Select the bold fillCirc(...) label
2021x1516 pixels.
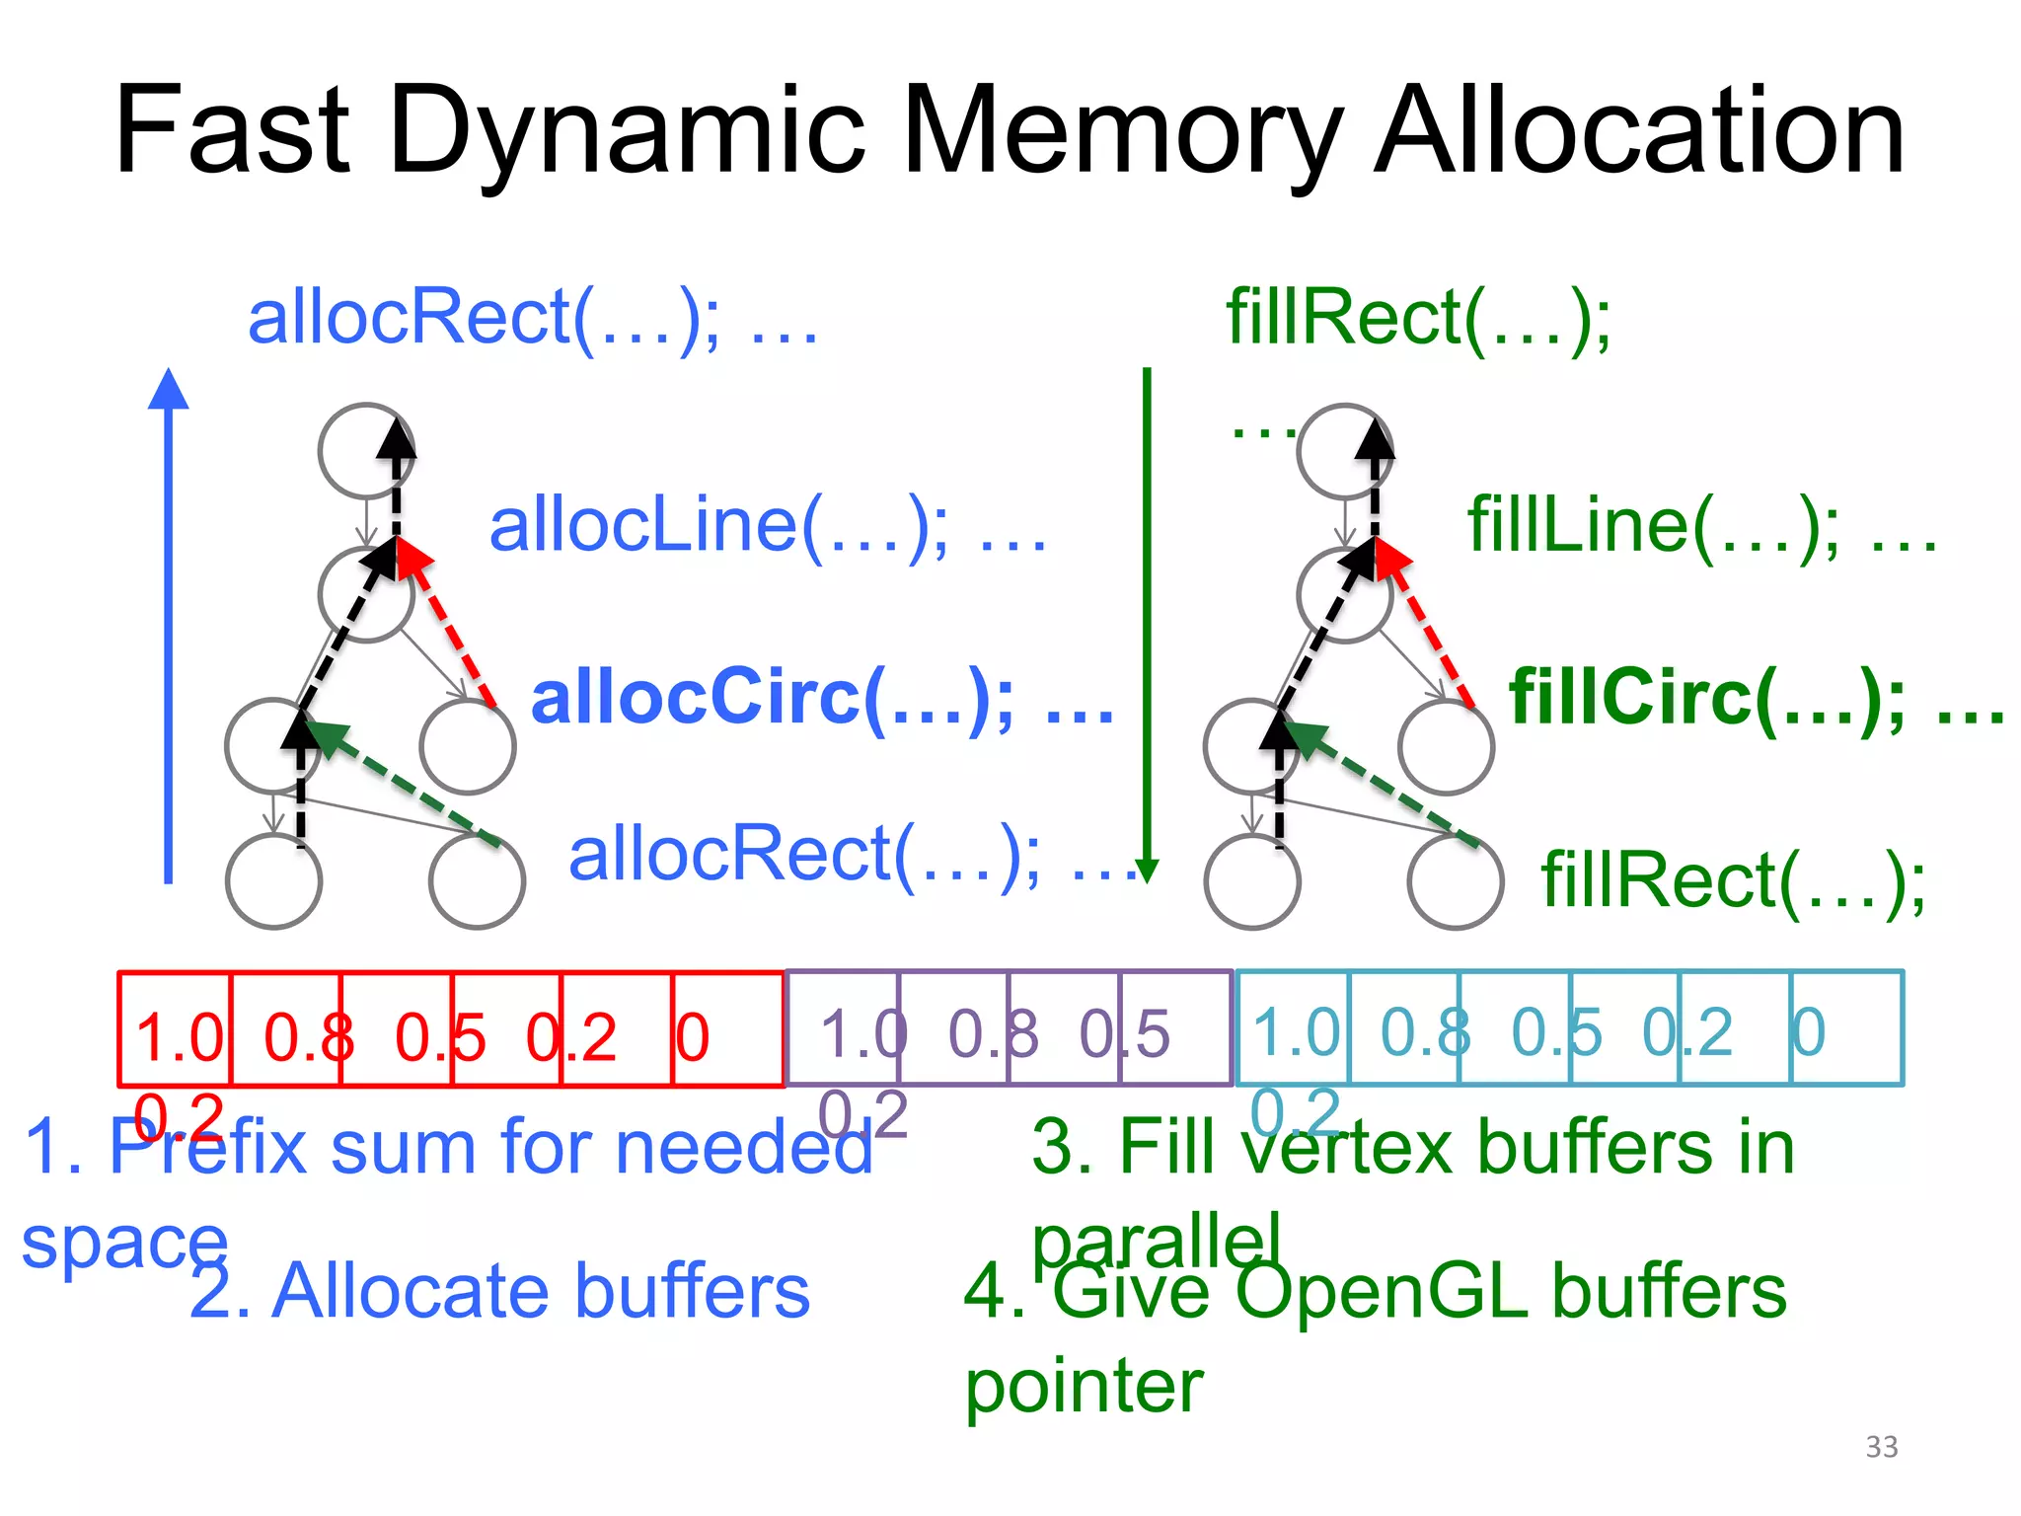(1757, 697)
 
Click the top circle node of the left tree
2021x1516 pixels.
(366, 450)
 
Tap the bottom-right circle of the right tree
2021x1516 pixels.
(1456, 881)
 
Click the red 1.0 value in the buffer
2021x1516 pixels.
(179, 1037)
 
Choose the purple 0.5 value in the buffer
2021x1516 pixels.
(1125, 1033)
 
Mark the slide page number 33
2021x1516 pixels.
(1882, 1447)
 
